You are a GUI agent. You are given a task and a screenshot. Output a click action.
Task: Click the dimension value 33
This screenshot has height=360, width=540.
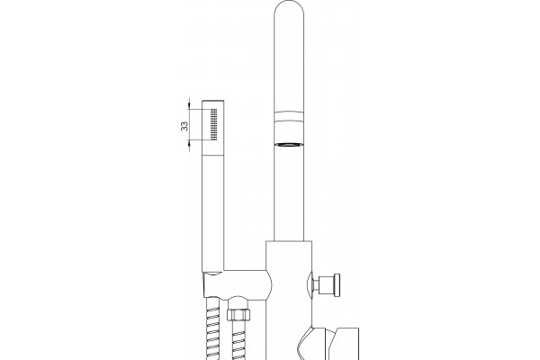(184, 126)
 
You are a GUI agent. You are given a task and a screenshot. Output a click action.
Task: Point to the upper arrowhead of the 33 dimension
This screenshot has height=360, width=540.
(189, 105)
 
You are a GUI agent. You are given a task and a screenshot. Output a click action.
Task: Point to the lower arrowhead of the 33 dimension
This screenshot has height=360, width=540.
(189, 144)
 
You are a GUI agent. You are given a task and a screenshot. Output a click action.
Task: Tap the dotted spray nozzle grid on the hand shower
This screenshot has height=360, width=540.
(213, 124)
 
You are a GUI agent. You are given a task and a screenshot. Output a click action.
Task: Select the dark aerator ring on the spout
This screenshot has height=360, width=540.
(289, 144)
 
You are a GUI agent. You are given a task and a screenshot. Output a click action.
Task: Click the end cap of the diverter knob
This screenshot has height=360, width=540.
(337, 284)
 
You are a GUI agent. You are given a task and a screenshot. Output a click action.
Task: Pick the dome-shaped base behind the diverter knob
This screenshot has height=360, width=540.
(309, 284)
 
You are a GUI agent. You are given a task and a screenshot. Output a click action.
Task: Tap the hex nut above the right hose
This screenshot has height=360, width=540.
(238, 314)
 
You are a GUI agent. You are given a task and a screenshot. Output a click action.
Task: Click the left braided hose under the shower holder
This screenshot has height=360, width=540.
(212, 329)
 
